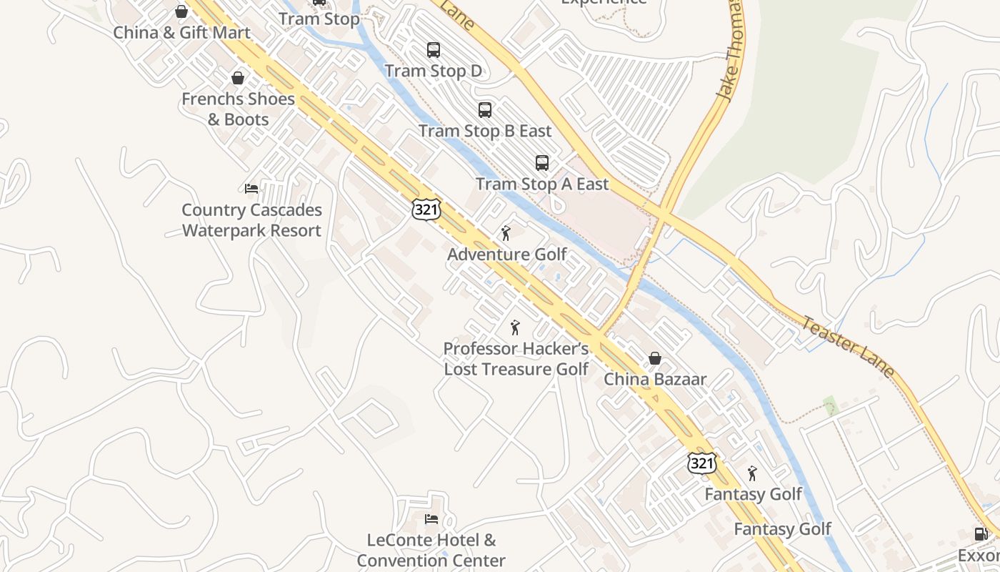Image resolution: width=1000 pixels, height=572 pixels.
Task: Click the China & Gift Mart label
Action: (x=182, y=32)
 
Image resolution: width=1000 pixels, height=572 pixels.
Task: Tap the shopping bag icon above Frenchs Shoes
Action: (x=238, y=78)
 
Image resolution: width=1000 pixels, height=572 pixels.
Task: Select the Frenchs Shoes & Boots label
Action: (x=238, y=109)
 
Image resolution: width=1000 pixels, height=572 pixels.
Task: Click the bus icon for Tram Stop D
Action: (x=434, y=50)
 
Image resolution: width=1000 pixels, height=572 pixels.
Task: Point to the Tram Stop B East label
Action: (x=485, y=131)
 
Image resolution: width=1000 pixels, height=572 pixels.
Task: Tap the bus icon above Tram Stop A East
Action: (x=542, y=163)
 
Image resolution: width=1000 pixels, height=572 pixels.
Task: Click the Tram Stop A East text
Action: (x=542, y=184)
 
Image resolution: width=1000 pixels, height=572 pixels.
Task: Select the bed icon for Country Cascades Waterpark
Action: (x=251, y=189)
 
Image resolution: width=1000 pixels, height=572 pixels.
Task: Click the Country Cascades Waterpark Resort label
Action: (x=251, y=220)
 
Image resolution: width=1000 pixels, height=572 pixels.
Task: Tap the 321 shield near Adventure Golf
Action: (x=426, y=209)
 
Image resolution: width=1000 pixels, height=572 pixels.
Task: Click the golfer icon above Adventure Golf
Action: (x=506, y=233)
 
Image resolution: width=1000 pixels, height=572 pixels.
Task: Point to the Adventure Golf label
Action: (x=507, y=254)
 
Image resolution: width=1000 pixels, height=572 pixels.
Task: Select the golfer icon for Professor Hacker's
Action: (x=515, y=327)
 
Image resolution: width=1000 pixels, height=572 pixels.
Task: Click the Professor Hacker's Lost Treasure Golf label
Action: (x=516, y=359)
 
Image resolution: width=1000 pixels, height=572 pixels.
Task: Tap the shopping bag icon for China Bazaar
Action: (x=654, y=358)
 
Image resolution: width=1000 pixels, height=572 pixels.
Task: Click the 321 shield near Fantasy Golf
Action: (x=701, y=463)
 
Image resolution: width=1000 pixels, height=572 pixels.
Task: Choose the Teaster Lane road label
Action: (x=847, y=347)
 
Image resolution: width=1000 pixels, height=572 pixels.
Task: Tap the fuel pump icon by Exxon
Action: (x=981, y=534)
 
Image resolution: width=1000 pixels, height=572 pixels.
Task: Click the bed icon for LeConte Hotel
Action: (x=431, y=519)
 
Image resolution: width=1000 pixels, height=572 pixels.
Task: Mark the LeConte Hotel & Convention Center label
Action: (x=431, y=551)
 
